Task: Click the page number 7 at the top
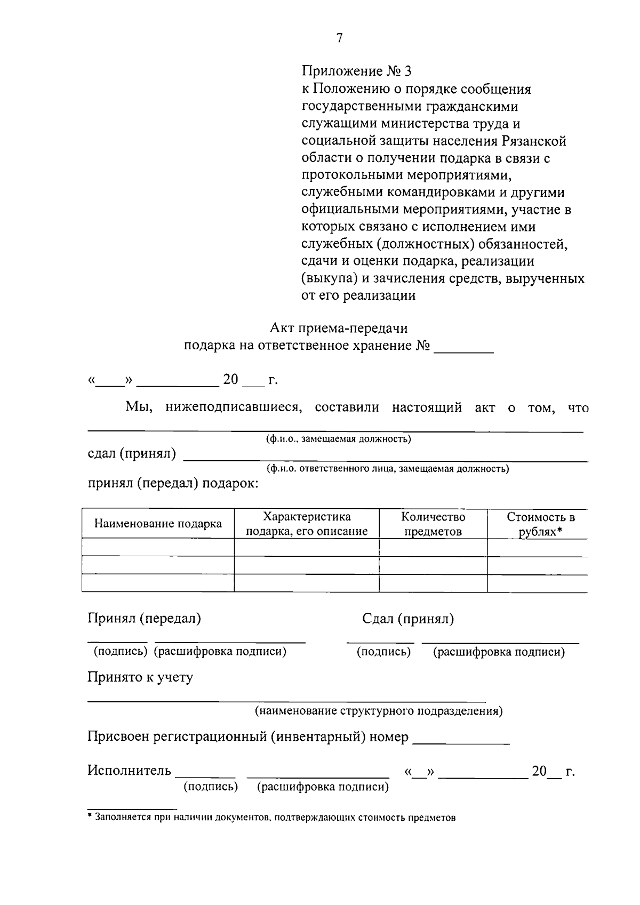[339, 38]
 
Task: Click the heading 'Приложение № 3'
[357, 71]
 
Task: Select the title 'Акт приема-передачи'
[339, 328]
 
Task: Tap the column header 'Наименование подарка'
[158, 524]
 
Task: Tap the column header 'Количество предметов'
[433, 524]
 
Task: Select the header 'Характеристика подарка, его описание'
[307, 524]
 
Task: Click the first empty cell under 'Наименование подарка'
[158, 547]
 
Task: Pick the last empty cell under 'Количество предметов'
[433, 583]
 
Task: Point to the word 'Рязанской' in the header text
[534, 141]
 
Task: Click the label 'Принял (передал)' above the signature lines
[145, 619]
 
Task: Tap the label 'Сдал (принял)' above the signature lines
[408, 619]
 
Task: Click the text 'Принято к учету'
[140, 677]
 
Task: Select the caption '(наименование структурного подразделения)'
[378, 711]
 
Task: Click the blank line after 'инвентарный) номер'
[461, 739]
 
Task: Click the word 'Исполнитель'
[130, 771]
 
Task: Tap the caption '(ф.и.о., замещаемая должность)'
[339, 439]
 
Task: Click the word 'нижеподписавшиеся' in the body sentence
[234, 408]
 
